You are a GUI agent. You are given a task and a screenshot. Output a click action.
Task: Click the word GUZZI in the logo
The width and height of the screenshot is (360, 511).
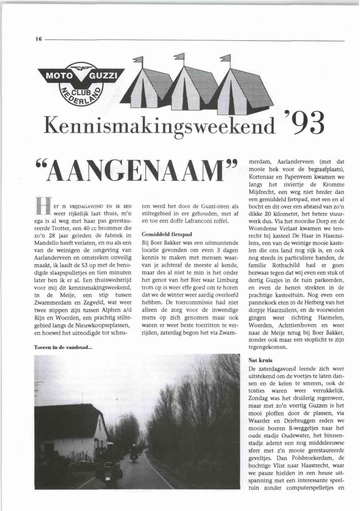(103, 76)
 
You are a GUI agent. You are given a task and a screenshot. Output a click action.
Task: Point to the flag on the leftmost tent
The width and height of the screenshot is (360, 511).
(138, 60)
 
